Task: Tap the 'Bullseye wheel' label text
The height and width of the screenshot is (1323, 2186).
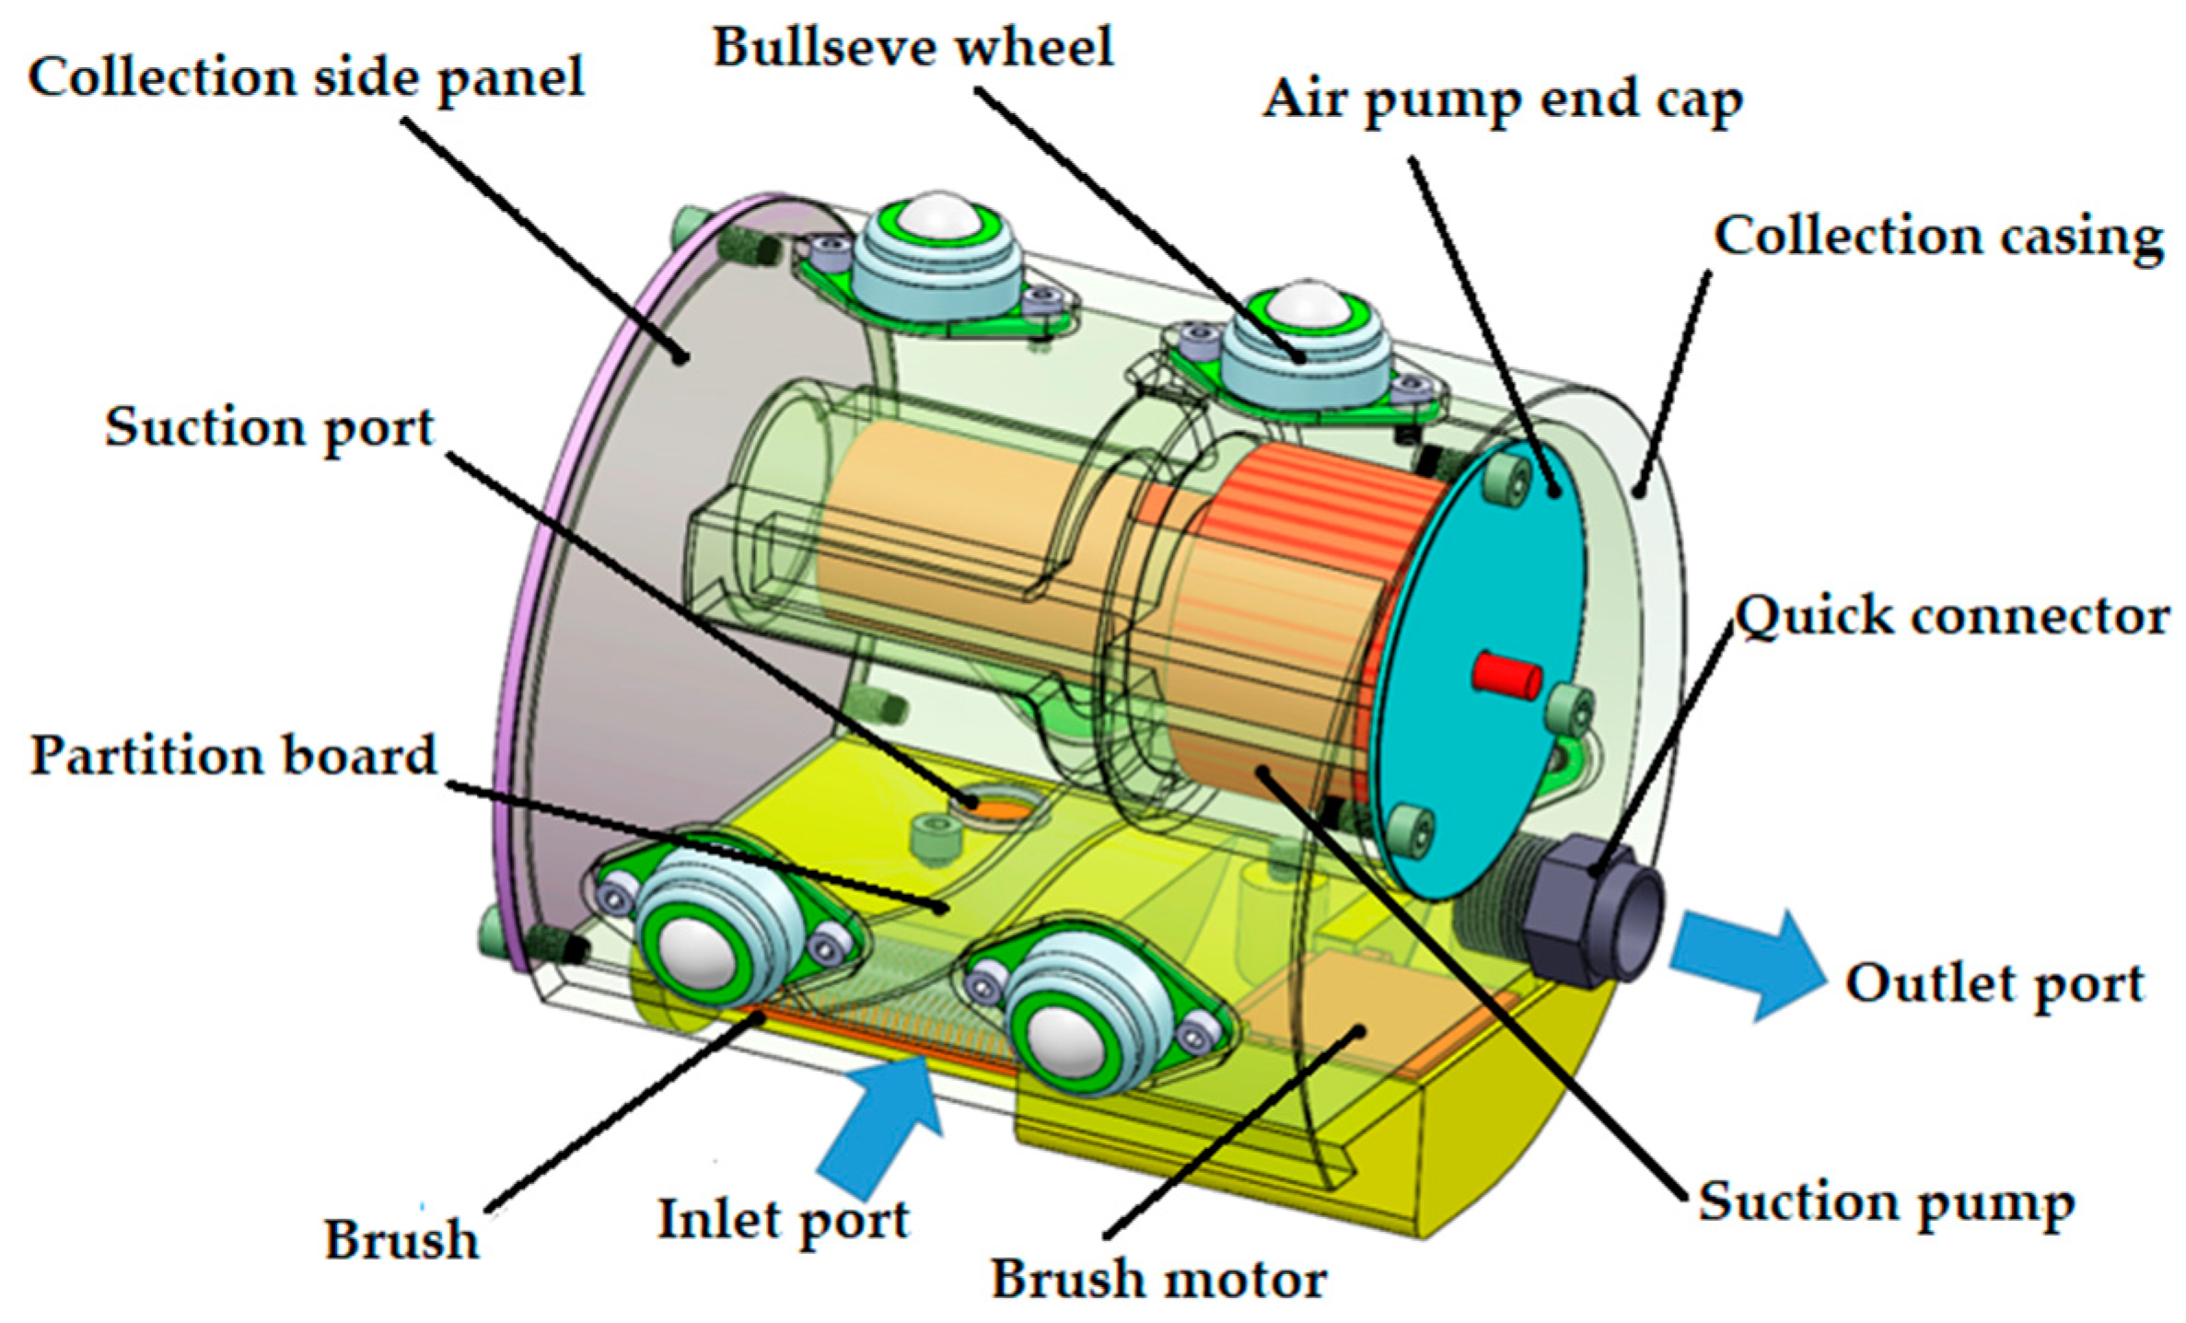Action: coord(913,47)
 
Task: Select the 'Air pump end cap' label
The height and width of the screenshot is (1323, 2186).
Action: coord(1502,100)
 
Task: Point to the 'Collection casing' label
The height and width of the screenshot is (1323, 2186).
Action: coord(1937,238)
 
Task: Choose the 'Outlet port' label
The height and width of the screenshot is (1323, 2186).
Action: coord(1995,984)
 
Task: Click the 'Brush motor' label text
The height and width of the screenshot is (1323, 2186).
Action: coord(1158,1280)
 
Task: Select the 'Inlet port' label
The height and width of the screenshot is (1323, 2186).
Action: coord(784,1221)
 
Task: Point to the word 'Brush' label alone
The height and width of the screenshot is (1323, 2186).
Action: coord(401,1240)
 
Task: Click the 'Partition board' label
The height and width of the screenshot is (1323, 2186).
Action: coord(233,757)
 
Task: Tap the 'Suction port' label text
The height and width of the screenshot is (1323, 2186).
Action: coord(269,428)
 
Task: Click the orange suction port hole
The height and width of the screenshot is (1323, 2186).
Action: coord(1000,811)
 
